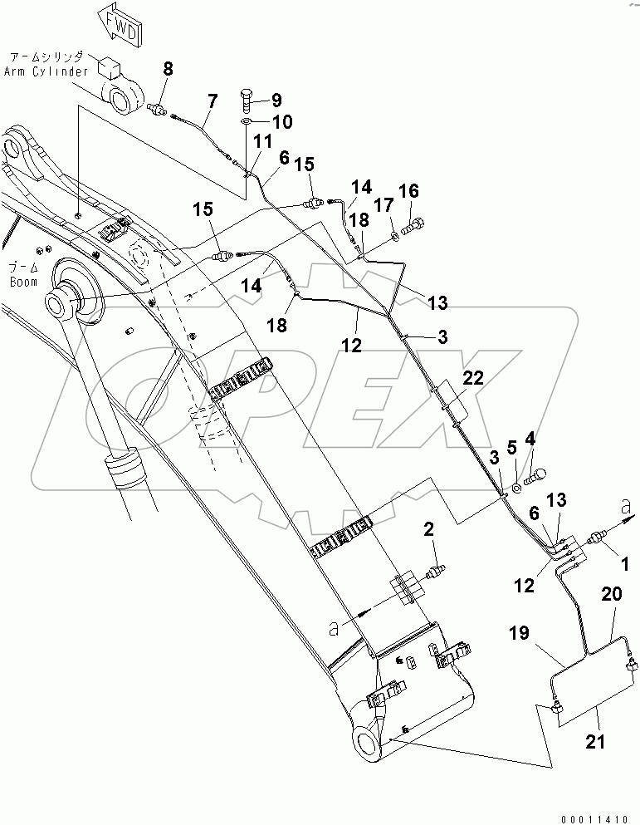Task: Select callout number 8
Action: (169, 69)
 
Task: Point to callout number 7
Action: (213, 101)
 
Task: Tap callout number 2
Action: (429, 528)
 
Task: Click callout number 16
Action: (408, 192)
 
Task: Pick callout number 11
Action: (261, 142)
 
